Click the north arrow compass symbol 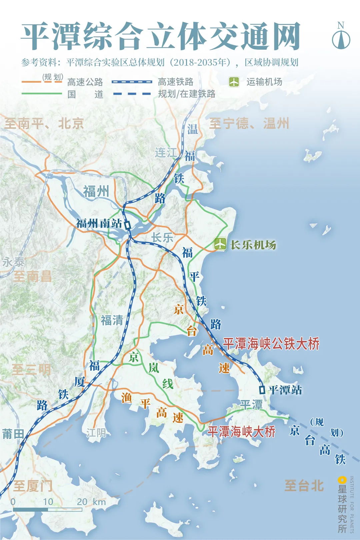tap(341, 38)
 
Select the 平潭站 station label tap(285, 390)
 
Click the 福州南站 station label tap(99, 223)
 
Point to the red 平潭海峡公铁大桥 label tap(271, 344)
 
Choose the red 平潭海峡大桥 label tap(241, 432)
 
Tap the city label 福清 tap(112, 320)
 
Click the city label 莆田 tap(13, 434)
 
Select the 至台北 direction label tap(304, 486)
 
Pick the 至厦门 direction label tap(33, 486)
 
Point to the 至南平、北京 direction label tap(44, 124)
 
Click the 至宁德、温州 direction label tap(249, 123)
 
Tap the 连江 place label tap(166, 153)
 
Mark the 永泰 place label tap(13, 262)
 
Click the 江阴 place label tap(96, 433)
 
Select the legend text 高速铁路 tap(176, 82)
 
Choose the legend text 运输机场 tap(264, 82)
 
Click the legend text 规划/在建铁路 tap(187, 94)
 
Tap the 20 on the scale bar tap(82, 502)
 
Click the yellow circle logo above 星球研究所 tap(342, 480)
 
